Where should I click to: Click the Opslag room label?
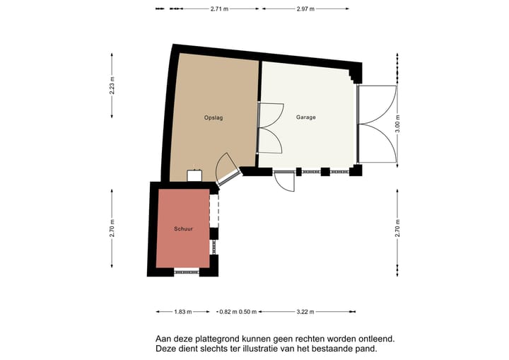213,117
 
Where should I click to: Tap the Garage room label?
305,117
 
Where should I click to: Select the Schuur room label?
183,229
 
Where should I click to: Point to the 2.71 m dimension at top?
220,9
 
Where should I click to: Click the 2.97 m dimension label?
305,9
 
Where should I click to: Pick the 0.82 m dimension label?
227,311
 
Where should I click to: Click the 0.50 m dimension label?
247,311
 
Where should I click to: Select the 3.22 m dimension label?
305,311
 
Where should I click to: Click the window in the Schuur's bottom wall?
187,271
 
